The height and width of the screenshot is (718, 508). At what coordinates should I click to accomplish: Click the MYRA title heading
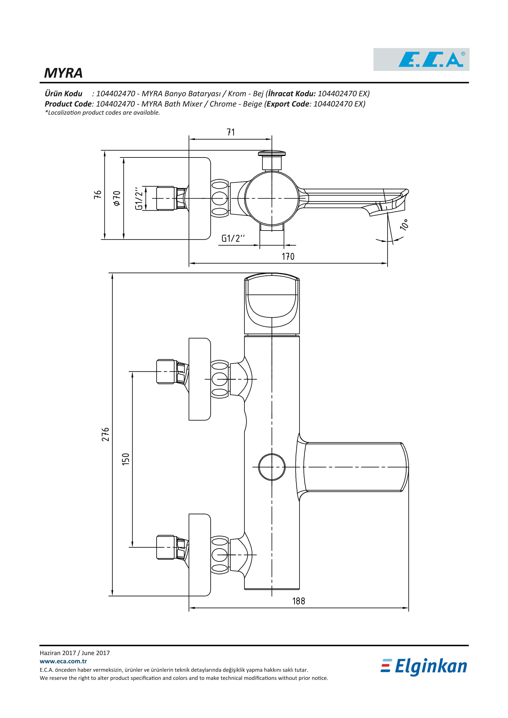tap(63, 73)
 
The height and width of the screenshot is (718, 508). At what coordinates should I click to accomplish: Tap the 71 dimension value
tap(231, 132)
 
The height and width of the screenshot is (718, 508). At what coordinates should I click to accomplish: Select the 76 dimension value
tap(98, 195)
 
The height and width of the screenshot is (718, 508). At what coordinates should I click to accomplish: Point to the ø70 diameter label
tap(117, 198)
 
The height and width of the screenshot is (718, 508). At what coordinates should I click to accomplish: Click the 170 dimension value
tap(288, 256)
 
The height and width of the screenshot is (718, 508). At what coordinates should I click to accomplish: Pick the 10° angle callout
tap(404, 224)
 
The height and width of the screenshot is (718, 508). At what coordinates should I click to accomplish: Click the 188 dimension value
tap(299, 601)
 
